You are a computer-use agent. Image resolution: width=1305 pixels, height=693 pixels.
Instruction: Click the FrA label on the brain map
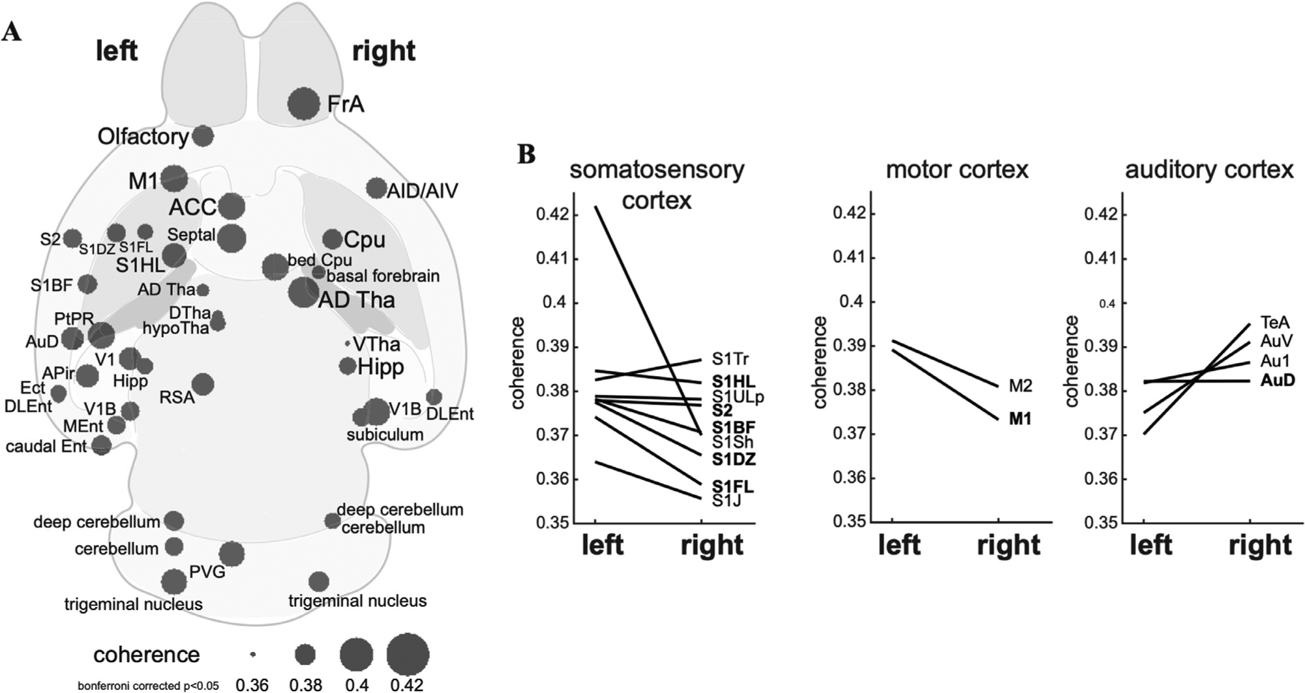click(x=346, y=104)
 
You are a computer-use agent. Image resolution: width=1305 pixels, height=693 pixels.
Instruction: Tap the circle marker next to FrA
click(x=303, y=104)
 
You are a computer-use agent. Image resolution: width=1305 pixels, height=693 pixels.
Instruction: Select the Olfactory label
click(x=143, y=136)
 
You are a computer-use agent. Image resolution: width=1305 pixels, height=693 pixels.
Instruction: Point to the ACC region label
click(x=192, y=207)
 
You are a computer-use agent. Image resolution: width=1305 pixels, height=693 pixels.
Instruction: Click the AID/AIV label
click(x=423, y=190)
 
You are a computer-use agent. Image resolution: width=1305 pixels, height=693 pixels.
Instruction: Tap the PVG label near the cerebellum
click(x=207, y=572)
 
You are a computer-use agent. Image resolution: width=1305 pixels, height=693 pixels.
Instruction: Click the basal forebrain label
click(x=383, y=276)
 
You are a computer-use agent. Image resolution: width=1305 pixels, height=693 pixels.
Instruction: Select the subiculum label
click(x=385, y=434)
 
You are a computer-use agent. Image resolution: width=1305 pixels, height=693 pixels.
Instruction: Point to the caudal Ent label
click(x=46, y=447)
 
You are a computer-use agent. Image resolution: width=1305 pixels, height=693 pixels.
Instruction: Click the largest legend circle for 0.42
click(x=408, y=654)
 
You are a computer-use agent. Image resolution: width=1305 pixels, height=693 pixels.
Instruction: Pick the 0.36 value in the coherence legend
click(x=252, y=685)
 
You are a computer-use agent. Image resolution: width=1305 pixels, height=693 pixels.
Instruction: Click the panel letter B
click(x=526, y=155)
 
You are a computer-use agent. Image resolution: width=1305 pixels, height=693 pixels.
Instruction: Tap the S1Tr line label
click(x=730, y=359)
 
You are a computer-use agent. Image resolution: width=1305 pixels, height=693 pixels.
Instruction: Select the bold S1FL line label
click(x=732, y=486)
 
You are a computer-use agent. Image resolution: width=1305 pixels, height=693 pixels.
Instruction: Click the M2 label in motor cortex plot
click(x=1020, y=386)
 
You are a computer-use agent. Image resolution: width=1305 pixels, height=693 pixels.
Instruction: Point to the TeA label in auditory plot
click(x=1274, y=322)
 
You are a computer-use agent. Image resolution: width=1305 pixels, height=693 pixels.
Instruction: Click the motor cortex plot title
click(x=957, y=170)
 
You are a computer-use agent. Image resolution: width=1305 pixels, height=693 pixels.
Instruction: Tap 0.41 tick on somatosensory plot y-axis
click(x=553, y=259)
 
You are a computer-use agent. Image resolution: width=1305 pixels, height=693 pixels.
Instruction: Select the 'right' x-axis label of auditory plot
click(x=1259, y=545)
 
